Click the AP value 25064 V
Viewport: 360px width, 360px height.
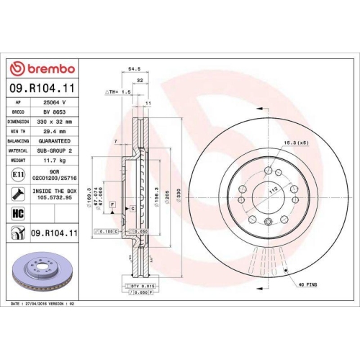pyautogui.click(x=55, y=103)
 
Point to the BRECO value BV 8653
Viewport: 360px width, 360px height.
pyautogui.click(x=55, y=112)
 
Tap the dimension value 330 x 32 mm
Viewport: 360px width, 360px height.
pyautogui.click(x=55, y=122)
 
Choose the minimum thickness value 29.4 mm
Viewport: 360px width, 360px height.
pyautogui.click(x=55, y=132)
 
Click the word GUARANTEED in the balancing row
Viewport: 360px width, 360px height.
pyautogui.click(x=55, y=142)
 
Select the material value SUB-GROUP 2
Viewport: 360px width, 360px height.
pyautogui.click(x=55, y=151)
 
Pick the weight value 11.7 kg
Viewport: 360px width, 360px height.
pyautogui.click(x=55, y=161)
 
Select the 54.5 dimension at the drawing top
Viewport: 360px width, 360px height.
pyautogui.click(x=133, y=70)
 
